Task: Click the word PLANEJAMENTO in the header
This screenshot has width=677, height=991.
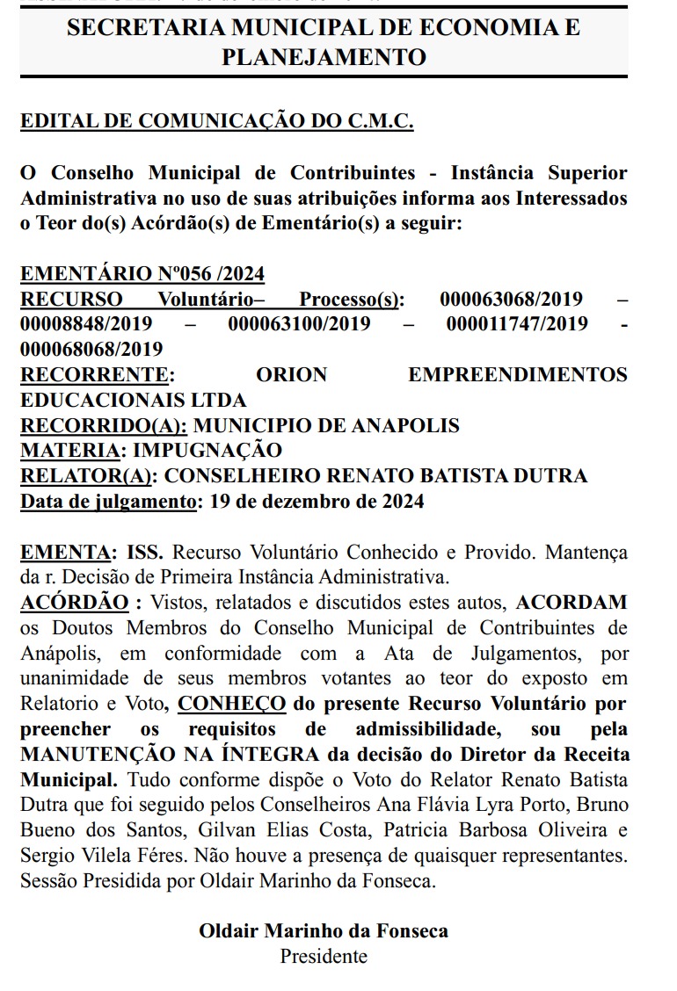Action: pos(324,57)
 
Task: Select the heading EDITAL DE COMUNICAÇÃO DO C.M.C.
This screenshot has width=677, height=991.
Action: pos(217,121)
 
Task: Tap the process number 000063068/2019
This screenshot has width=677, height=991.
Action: pos(511,300)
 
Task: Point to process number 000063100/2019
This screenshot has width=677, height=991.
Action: pos(300,324)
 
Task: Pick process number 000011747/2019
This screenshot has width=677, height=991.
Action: pos(518,324)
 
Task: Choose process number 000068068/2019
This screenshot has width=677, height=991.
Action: pos(91,350)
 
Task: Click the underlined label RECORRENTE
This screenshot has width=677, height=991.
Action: pos(94,375)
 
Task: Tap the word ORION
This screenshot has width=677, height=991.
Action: pos(291,375)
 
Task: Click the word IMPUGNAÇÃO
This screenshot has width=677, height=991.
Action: pos(207,451)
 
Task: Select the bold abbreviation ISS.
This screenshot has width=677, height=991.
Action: pos(145,553)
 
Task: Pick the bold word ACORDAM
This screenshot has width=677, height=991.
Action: pos(571,603)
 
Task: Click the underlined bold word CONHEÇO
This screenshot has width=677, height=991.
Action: pos(232,704)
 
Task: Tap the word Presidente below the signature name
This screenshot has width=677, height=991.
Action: pos(324,956)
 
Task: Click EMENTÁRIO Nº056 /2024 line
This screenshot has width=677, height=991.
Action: pos(142,274)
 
